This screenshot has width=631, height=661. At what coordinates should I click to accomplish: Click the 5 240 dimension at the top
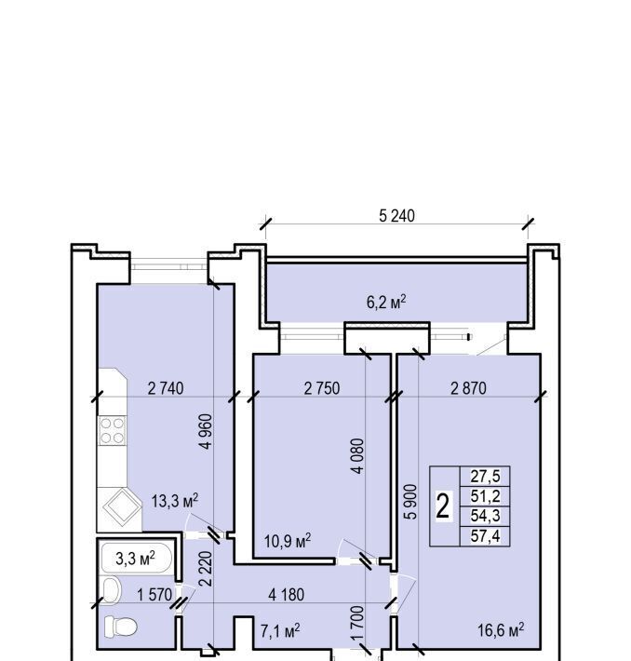[x=396, y=216]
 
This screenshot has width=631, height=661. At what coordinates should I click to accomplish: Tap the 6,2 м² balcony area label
[x=386, y=302]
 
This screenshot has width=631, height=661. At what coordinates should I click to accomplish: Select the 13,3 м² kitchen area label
[x=175, y=501]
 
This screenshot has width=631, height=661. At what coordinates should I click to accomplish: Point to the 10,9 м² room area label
[x=288, y=540]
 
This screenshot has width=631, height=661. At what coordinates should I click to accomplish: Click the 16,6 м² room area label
[x=501, y=630]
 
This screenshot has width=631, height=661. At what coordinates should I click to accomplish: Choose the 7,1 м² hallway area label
[x=280, y=631]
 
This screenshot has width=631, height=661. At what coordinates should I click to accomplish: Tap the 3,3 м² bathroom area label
[x=135, y=559]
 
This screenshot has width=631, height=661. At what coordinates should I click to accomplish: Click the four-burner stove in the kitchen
[x=113, y=431]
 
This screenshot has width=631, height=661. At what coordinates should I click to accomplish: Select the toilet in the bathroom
[x=121, y=627]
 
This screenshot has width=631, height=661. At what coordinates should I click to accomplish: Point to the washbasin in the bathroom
[x=112, y=589]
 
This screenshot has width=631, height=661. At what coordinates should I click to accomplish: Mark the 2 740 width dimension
[x=166, y=388]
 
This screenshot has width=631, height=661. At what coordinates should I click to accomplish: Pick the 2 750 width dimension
[x=322, y=388]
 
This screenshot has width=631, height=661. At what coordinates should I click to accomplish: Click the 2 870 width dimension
[x=468, y=388]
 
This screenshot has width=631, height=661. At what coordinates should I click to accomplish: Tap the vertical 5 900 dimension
[x=410, y=502]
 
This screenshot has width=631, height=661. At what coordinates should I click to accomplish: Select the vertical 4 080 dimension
[x=357, y=456]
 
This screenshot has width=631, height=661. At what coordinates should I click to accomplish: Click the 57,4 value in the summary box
[x=485, y=536]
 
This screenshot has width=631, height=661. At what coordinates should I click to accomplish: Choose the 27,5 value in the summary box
[x=485, y=477]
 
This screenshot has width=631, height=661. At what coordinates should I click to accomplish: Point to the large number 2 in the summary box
[x=443, y=506]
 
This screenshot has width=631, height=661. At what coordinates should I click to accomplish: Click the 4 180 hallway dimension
[x=287, y=594]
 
